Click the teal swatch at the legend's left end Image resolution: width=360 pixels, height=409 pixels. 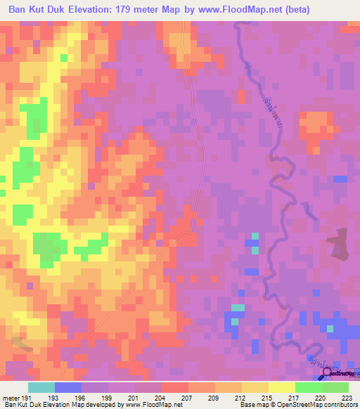pos(41,387)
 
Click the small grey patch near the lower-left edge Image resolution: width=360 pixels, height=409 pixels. pos(21,344)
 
